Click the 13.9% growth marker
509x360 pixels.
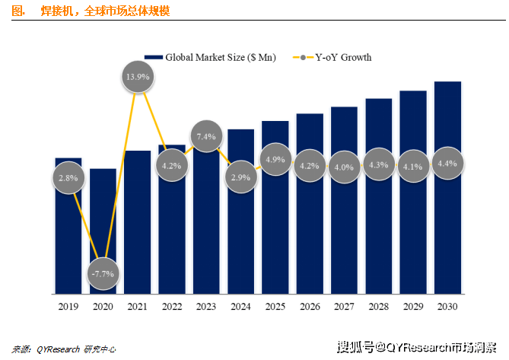(137, 77)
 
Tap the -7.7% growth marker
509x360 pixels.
(103, 272)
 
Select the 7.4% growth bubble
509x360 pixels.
(206, 136)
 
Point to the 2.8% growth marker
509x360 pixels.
(68, 177)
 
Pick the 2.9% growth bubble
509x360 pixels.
(240, 177)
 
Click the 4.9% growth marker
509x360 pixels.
(275, 160)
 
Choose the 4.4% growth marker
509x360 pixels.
(447, 162)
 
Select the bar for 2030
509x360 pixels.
(447, 228)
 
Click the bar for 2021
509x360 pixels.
(137, 228)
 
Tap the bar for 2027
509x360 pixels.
(344, 228)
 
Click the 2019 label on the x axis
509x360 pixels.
(68, 306)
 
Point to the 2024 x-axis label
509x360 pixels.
(240, 306)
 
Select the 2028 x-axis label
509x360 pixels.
(378, 306)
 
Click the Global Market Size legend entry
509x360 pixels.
(212, 57)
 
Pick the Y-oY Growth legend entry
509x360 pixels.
(336, 57)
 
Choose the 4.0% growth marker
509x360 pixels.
(344, 167)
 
